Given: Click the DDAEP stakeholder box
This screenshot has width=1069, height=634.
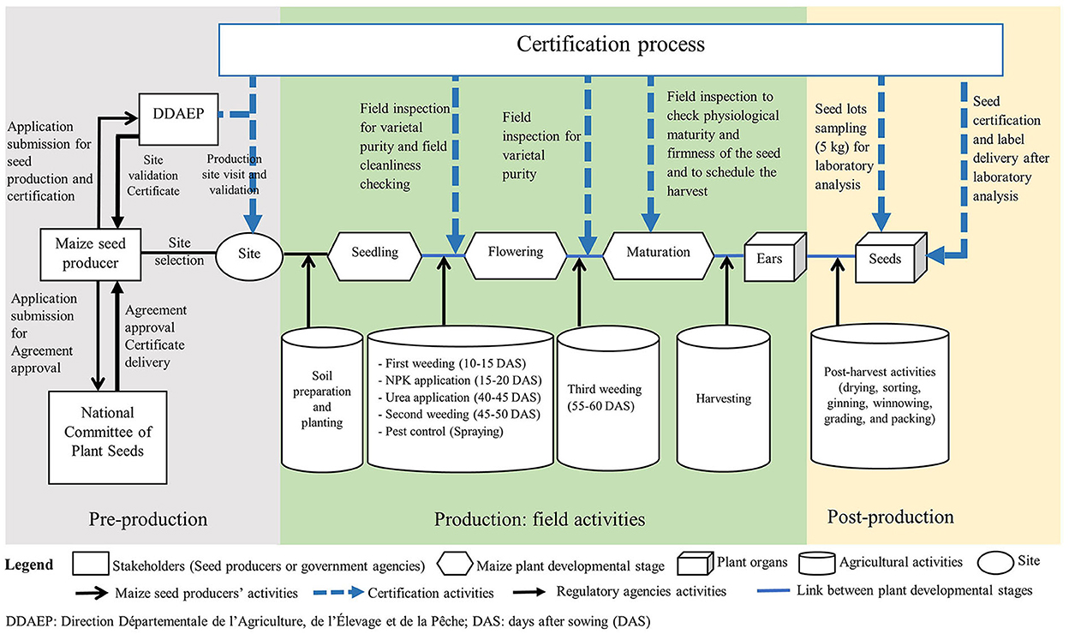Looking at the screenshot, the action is pos(178,119).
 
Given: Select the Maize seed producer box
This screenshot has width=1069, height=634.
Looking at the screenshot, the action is pos(91,254).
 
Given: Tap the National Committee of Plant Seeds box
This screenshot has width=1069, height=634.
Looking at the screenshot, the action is pos(108,437).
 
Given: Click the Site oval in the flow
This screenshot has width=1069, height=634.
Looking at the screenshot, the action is pos(249,256).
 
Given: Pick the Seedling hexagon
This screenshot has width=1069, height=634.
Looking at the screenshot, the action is pos(375,256).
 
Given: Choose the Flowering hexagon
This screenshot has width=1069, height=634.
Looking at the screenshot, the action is pos(516,255).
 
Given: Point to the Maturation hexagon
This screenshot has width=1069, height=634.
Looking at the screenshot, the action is pos(659,255).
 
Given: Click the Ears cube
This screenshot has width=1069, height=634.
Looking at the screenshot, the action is pos(775,257).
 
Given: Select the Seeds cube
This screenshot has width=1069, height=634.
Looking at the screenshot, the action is pos(891,257).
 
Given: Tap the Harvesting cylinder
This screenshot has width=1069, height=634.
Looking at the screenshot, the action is pos(724,398).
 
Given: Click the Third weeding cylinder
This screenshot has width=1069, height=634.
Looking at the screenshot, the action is pos(608,398).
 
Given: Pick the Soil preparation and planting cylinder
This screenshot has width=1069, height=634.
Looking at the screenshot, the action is pos(322,399).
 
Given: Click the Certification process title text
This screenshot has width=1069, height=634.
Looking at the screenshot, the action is pos(611,44).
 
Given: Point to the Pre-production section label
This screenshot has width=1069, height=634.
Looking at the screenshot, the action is pos(148,519).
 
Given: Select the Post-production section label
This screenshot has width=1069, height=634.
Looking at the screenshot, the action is pos(891,517).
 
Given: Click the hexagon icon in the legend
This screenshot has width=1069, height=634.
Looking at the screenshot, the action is pos(455,564).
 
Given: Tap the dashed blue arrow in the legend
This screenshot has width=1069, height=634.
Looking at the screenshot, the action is pos(339,593).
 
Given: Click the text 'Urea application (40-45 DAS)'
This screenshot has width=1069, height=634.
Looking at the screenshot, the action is pos(463,398).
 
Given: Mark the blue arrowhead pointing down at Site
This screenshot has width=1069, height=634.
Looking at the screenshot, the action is pos(253,224).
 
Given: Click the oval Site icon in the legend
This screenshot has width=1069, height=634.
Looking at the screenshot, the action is pos(995,562).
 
